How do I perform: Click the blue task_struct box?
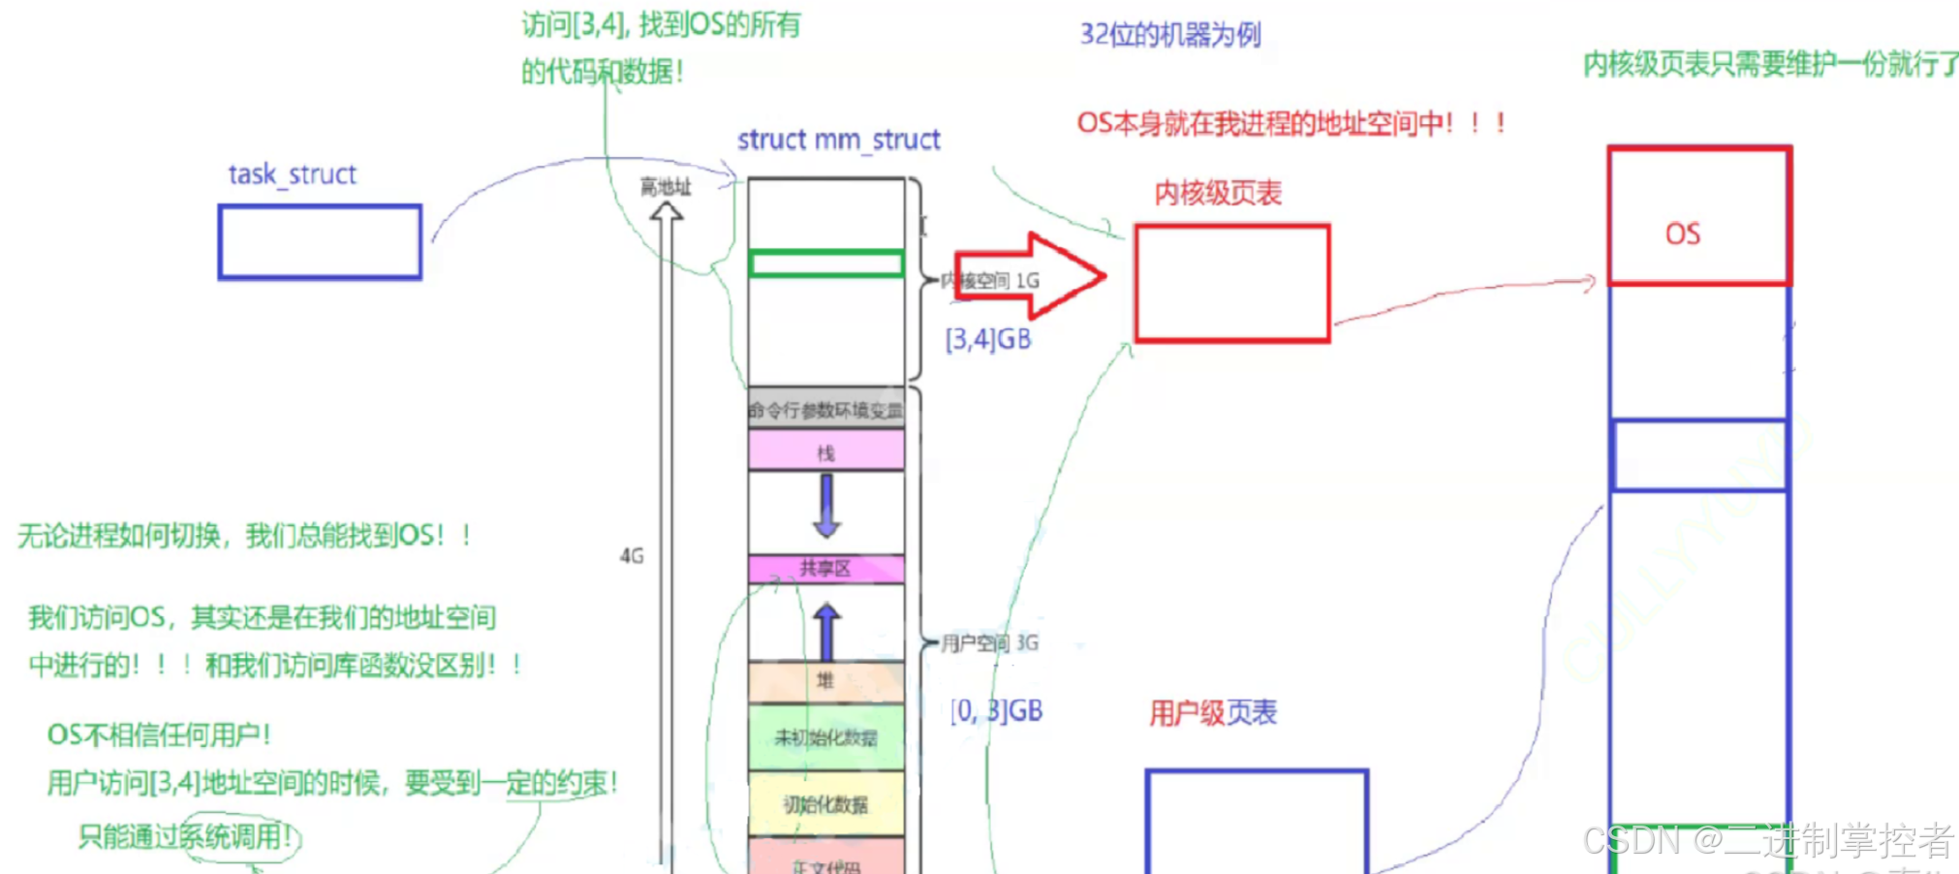(320, 242)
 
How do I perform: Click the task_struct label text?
(293, 174)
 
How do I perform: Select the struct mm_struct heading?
(838, 140)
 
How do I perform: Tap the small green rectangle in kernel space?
(826, 264)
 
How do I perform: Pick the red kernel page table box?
(1232, 284)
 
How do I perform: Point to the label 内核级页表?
(1218, 193)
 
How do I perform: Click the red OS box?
(1699, 216)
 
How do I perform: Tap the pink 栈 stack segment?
(826, 452)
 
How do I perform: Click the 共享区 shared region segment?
(826, 569)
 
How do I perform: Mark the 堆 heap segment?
(826, 681)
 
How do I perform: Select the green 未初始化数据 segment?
(826, 737)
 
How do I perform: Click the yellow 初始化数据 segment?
(826, 804)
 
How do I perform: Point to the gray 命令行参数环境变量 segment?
(826, 410)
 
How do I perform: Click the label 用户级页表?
(1213, 713)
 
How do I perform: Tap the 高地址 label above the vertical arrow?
(666, 187)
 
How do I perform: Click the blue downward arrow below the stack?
(826, 507)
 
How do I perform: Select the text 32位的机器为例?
(1170, 35)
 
